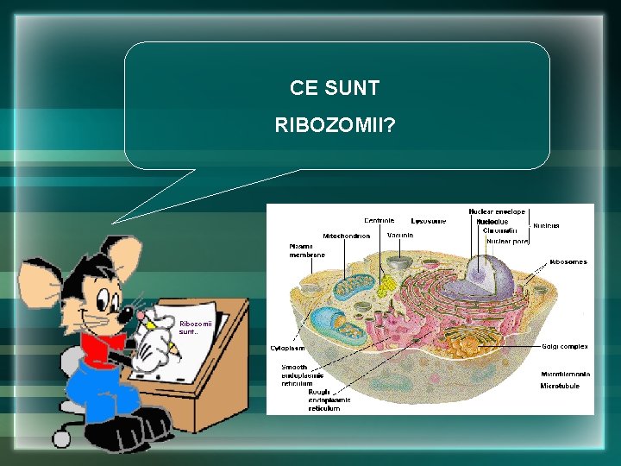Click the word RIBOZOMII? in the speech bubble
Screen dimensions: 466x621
coord(336,126)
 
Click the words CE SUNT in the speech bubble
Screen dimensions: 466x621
coord(335,88)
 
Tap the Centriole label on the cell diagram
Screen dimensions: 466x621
coord(379,221)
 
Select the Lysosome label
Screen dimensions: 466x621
coord(429,221)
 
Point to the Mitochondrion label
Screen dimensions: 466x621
coord(347,236)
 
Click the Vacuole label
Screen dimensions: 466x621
coord(400,235)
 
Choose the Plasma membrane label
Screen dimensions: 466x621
coord(307,250)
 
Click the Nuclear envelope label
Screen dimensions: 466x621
coord(498,211)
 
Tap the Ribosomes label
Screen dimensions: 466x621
coord(568,261)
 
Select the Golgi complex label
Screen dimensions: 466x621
coord(565,346)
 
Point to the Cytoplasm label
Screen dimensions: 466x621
coord(287,349)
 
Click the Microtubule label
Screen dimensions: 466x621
coord(560,386)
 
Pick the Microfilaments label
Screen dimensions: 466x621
coord(565,373)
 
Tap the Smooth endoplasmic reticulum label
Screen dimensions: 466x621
coord(303,375)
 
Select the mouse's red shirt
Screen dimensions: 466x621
coord(101,349)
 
